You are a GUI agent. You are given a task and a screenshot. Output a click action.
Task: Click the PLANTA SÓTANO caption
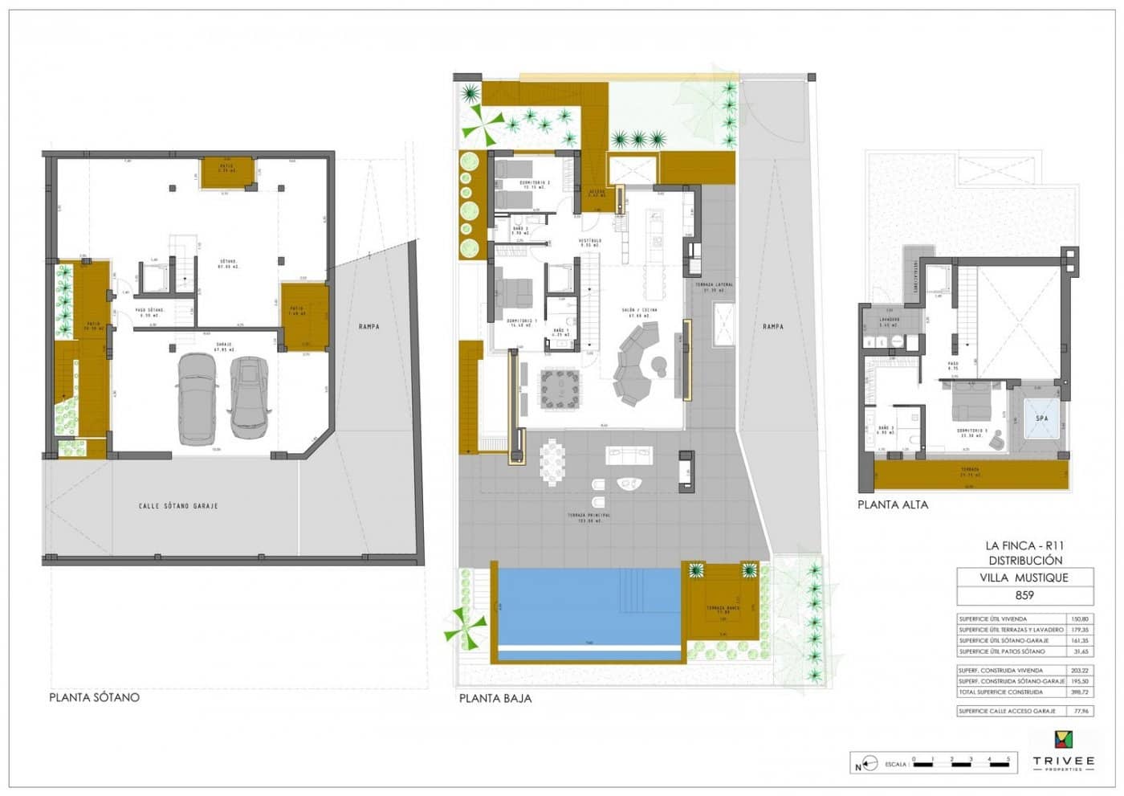click(x=94, y=697)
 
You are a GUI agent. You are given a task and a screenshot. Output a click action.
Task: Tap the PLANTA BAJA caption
click(x=495, y=698)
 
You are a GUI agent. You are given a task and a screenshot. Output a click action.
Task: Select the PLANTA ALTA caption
click(x=892, y=504)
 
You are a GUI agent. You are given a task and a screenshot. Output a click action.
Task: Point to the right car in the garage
click(x=250, y=396)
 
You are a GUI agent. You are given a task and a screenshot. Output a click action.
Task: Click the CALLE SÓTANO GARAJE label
click(x=177, y=506)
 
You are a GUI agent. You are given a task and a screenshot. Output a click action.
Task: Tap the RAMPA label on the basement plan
click(x=369, y=326)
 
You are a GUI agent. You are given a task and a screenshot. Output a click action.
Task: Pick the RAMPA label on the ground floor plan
click(x=772, y=326)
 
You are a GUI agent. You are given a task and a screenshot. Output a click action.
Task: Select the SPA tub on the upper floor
click(x=1041, y=419)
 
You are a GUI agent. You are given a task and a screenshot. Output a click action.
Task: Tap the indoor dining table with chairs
click(x=559, y=390)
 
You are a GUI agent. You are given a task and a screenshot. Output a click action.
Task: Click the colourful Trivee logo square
click(x=1063, y=740)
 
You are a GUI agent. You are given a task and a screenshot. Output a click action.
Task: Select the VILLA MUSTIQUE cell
click(x=1024, y=577)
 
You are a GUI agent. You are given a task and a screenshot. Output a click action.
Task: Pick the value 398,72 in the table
click(x=1080, y=692)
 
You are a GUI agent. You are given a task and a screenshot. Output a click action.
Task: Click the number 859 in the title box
click(x=1024, y=595)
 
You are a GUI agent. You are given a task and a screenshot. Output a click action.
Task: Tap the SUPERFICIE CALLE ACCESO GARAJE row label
click(x=1007, y=711)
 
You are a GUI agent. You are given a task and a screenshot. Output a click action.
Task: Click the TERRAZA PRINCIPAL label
click(x=588, y=516)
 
